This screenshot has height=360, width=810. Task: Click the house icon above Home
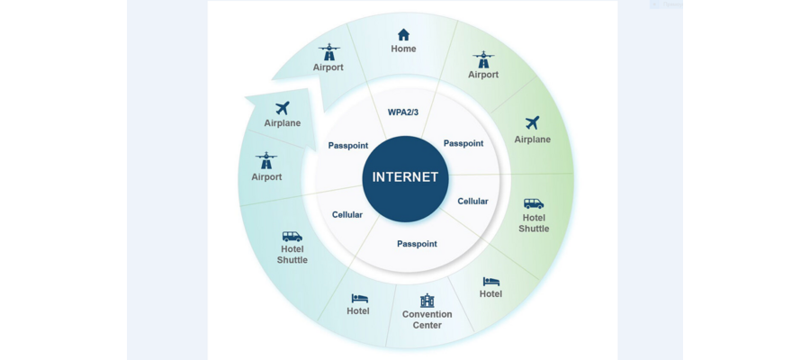pyautogui.click(x=403, y=34)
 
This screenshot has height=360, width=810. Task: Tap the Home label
pyautogui.click(x=403, y=49)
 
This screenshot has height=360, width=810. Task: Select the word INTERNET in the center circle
pyautogui.click(x=405, y=177)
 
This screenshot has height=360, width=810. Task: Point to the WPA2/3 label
pyautogui.click(x=404, y=112)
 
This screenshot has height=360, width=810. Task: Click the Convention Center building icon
pyautogui.click(x=427, y=301)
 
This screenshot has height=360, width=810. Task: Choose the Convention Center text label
pyautogui.click(x=427, y=319)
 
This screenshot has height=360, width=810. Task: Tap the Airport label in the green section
pyautogui.click(x=483, y=75)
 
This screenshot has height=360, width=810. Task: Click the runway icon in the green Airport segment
pyautogui.click(x=483, y=59)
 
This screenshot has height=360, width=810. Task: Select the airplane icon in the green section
pyautogui.click(x=533, y=123)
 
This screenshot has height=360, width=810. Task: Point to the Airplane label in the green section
pyautogui.click(x=533, y=139)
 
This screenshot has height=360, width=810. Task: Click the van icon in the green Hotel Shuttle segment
pyautogui.click(x=534, y=203)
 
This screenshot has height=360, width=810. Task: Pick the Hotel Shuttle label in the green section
pyautogui.click(x=534, y=223)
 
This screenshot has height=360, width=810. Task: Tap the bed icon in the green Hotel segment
pyautogui.click(x=491, y=282)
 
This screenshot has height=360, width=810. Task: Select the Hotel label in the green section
pyautogui.click(x=490, y=294)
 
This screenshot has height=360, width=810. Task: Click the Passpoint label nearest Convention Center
pyautogui.click(x=417, y=244)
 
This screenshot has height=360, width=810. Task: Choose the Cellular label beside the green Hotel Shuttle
pyautogui.click(x=472, y=202)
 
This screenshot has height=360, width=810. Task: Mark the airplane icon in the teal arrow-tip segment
pyautogui.click(x=282, y=108)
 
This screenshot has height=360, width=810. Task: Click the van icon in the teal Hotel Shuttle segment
pyautogui.click(x=292, y=237)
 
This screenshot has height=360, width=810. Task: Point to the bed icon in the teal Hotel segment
pyautogui.click(x=359, y=299)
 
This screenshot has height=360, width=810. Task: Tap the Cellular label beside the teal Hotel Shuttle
pyautogui.click(x=347, y=215)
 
